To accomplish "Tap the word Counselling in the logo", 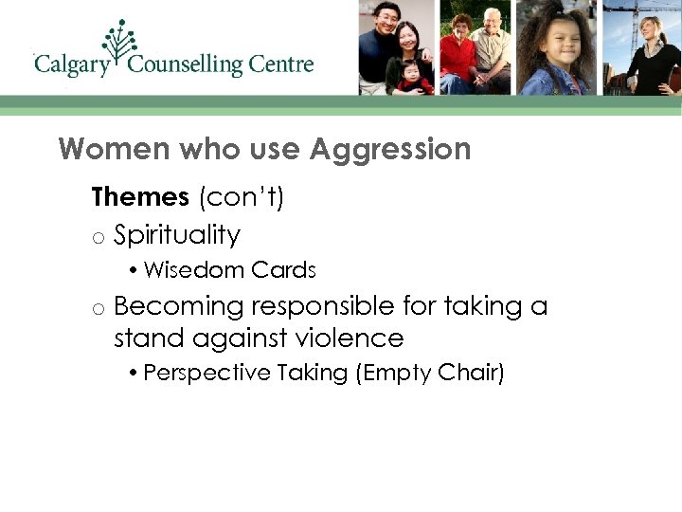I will [186, 65].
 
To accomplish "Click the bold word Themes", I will [140, 197].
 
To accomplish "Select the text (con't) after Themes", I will [242, 197].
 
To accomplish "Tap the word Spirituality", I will [177, 234].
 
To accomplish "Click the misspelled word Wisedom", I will [181, 270].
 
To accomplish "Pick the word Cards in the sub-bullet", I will [283, 270].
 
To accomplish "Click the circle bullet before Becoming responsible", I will [98, 308].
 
